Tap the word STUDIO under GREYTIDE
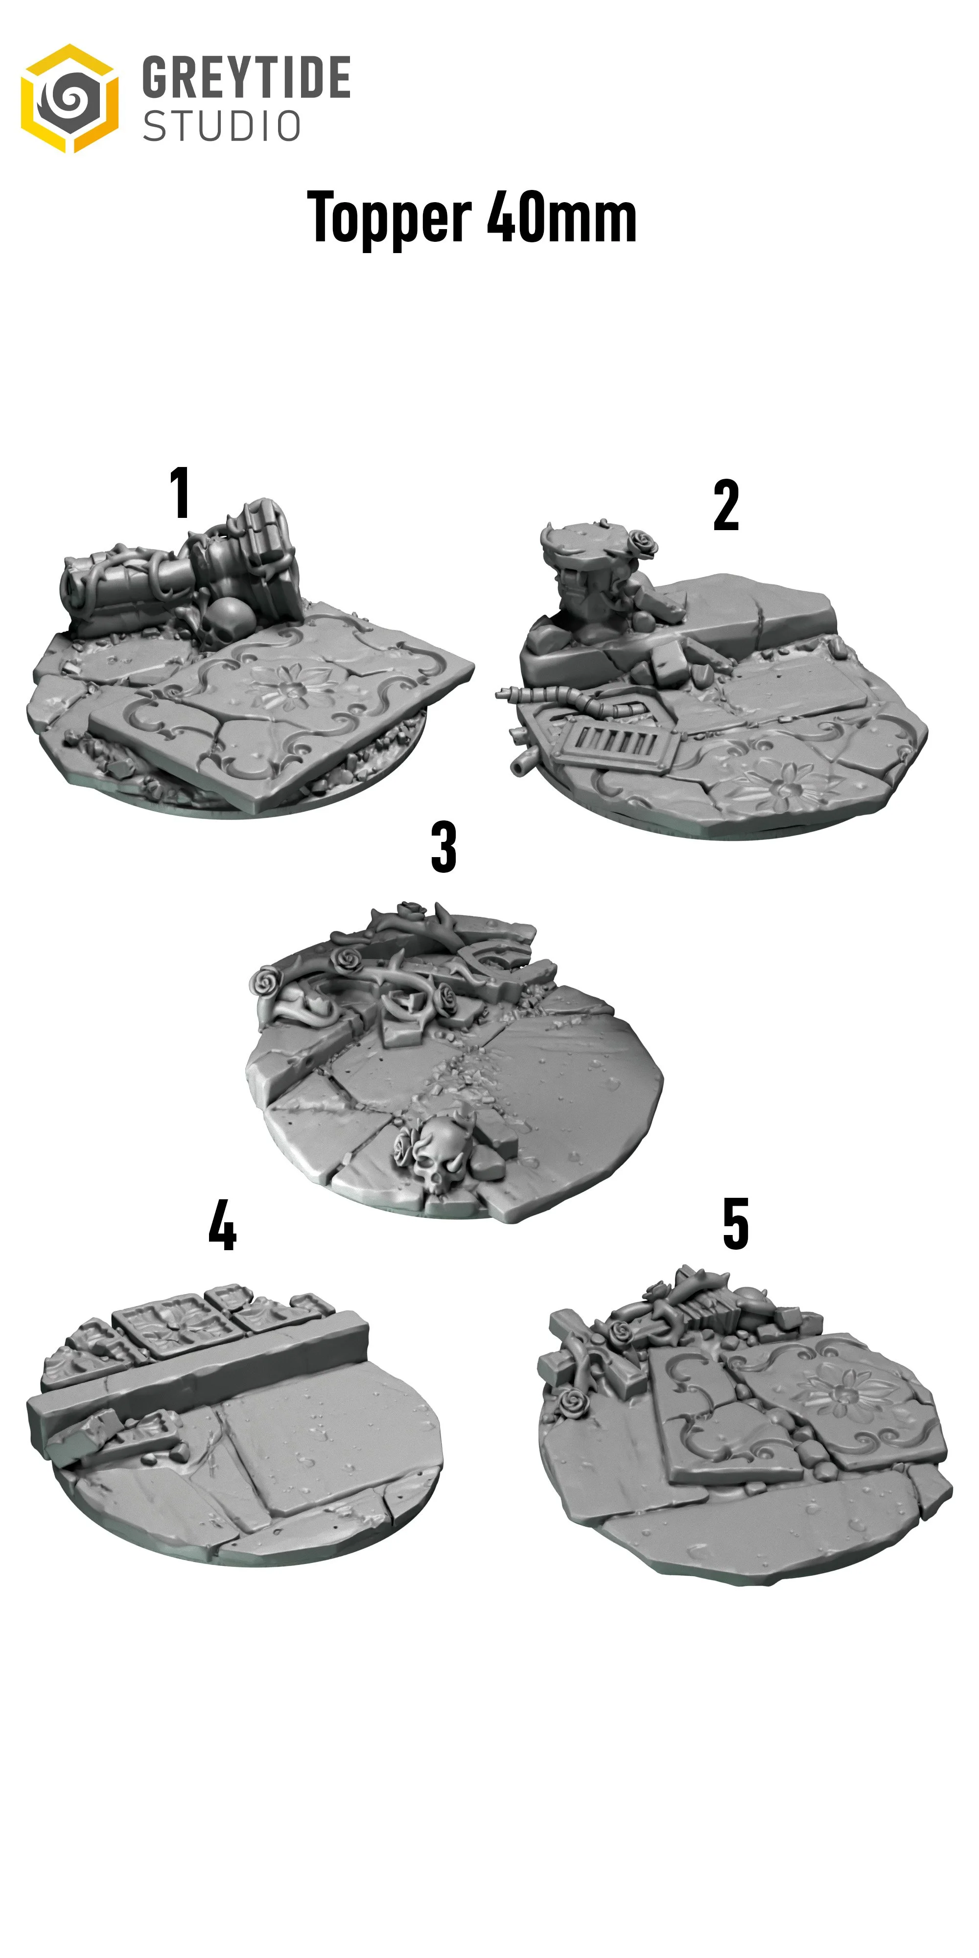click(222, 126)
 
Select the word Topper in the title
click(388, 218)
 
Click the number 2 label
click(726, 506)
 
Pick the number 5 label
click(735, 1224)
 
